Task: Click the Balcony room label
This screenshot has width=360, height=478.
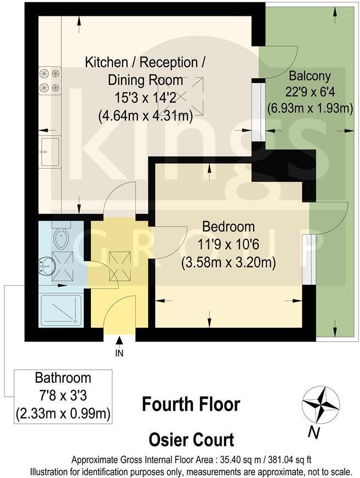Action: click(310, 76)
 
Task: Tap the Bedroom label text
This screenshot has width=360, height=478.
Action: click(228, 227)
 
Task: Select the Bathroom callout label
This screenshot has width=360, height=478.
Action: click(63, 378)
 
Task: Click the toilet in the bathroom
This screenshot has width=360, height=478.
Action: click(61, 235)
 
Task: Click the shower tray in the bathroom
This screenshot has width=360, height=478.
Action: click(61, 309)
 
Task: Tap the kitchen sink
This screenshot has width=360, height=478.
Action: click(49, 151)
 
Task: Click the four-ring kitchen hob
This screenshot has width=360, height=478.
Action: click(49, 80)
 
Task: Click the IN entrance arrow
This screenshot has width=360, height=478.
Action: click(119, 342)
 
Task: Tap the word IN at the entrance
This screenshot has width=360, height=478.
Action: click(119, 353)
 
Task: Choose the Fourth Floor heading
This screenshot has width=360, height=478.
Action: click(191, 405)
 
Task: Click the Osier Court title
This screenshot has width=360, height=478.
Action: click(191, 440)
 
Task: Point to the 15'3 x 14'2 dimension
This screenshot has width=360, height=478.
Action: click(145, 98)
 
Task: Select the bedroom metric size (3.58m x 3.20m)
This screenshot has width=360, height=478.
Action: click(228, 262)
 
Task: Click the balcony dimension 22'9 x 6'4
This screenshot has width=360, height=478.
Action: click(310, 91)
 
